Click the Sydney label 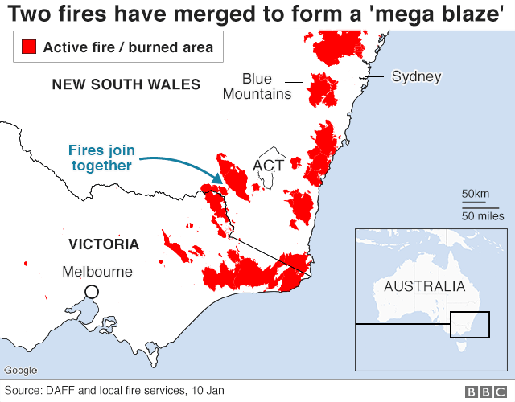(x=416, y=77)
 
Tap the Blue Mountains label (x=257, y=87)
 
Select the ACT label (x=268, y=165)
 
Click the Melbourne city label (x=97, y=272)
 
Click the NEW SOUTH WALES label (x=126, y=84)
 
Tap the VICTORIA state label (x=104, y=244)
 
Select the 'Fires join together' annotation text (x=101, y=158)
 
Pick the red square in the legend (x=30, y=47)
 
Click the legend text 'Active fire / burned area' (x=128, y=47)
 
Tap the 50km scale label (x=475, y=195)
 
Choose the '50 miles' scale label (x=482, y=215)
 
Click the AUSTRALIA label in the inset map (x=424, y=286)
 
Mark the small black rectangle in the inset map (x=470, y=325)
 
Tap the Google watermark (x=20, y=370)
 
